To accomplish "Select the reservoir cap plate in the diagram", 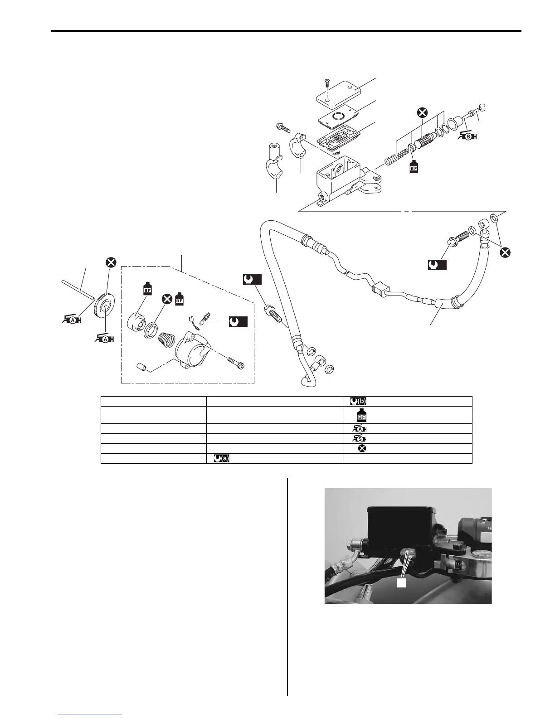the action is (338, 97).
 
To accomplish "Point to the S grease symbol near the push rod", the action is (467, 135).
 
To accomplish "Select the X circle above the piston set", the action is (422, 112).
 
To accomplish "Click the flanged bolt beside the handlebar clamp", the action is (283, 128).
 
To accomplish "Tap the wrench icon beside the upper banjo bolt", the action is (437, 265).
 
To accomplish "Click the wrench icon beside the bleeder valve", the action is (238, 321).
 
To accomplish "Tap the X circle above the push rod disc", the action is (111, 262).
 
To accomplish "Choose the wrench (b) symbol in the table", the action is (358, 401).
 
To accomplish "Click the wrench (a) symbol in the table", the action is (221, 459).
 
